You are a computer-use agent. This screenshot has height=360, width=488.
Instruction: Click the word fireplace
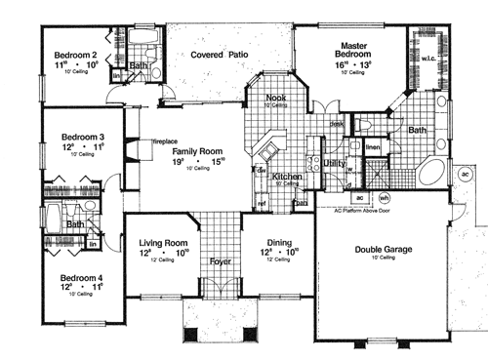pos(142,141)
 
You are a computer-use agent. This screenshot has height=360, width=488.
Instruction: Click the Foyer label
pos(222,261)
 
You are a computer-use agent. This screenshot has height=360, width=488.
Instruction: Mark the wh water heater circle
pos(384,198)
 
